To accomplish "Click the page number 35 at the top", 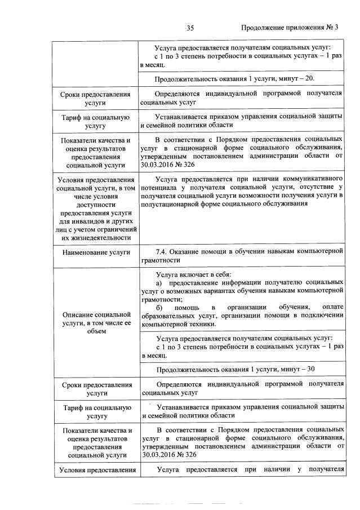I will (190, 27).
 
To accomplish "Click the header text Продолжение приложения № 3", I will (290, 27).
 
